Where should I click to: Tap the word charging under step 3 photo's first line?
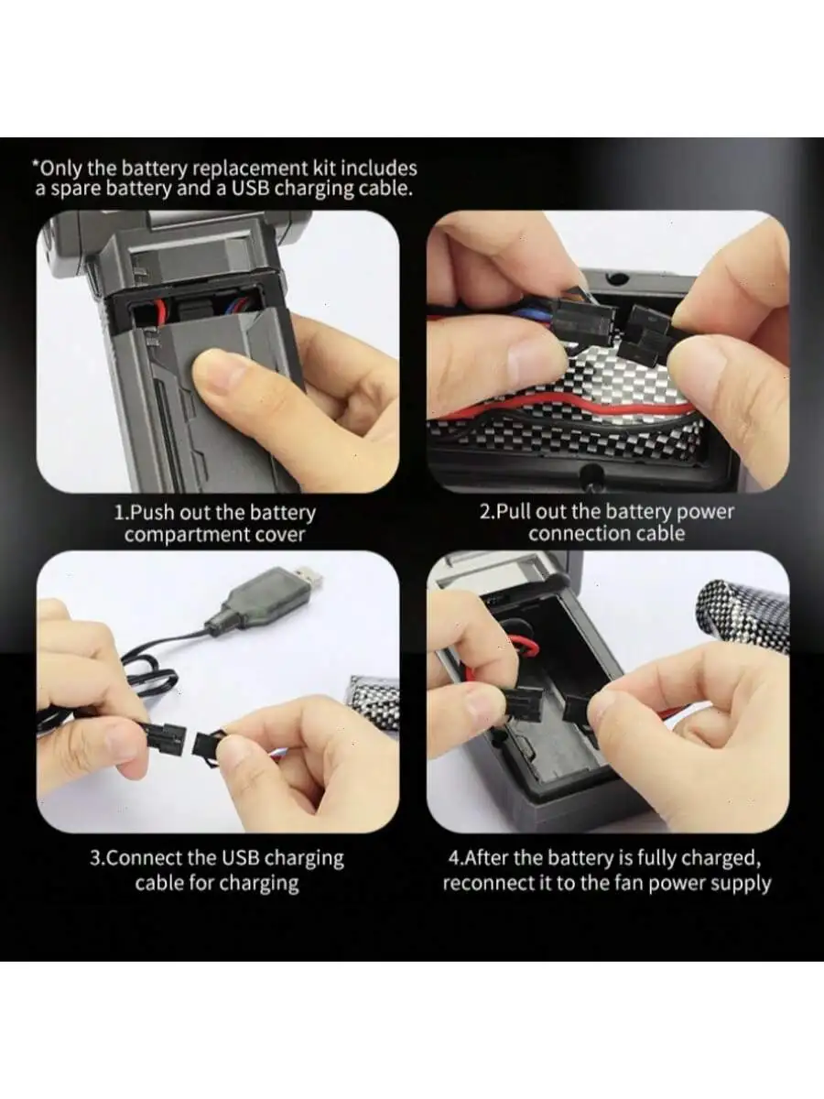click(x=304, y=859)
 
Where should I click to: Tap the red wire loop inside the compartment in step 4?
click(x=520, y=644)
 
